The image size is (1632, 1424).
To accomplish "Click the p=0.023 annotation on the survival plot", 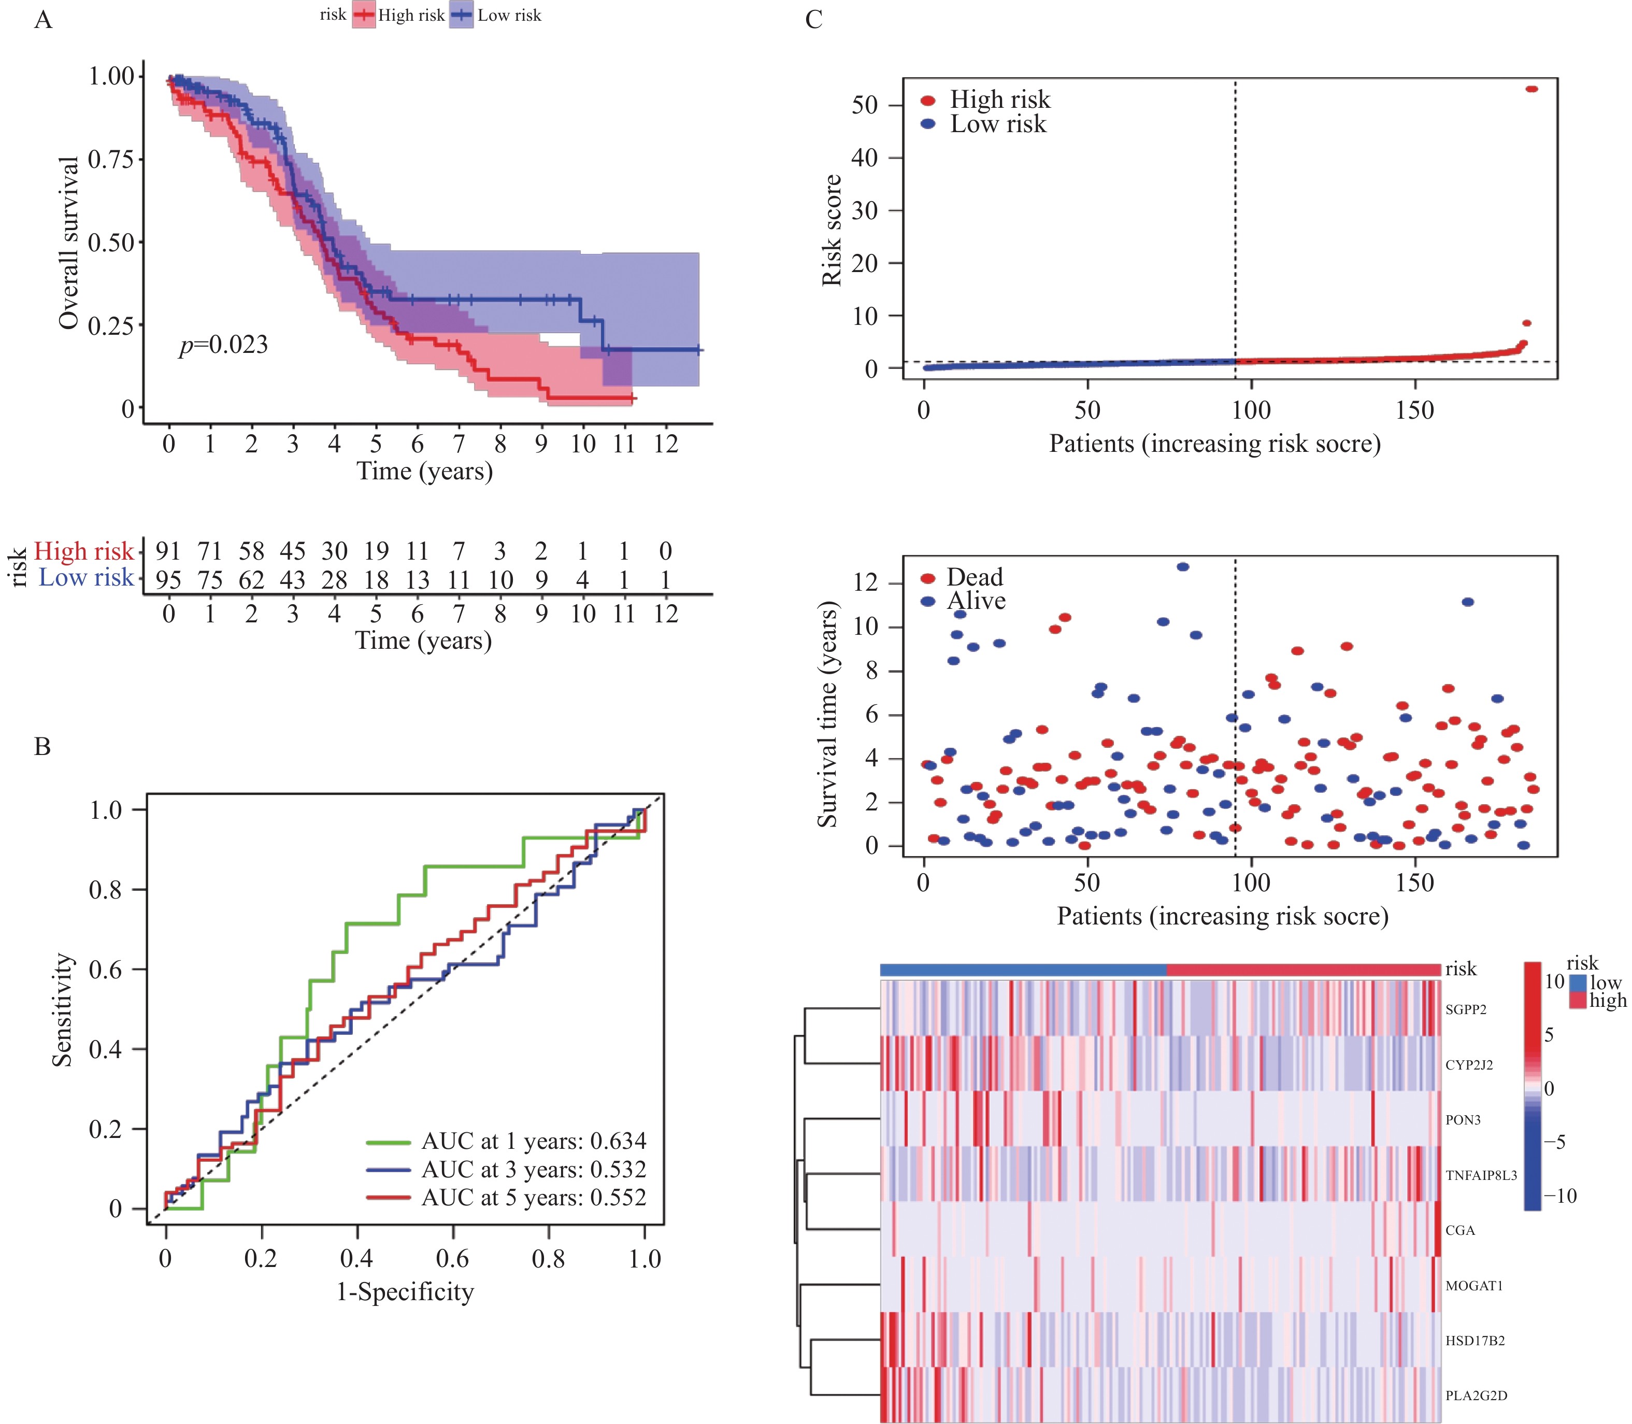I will (223, 345).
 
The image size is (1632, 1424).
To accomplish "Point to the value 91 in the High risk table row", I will (168, 551).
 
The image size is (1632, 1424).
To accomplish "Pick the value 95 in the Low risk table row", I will (168, 579).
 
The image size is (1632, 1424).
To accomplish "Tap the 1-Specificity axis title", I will (405, 1291).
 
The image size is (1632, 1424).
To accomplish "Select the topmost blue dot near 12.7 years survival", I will (1183, 566).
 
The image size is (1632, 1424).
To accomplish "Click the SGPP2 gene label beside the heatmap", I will (1466, 1009).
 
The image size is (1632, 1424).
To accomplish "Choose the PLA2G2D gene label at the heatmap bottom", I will (1476, 1395).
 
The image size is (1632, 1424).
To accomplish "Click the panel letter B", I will (43, 747).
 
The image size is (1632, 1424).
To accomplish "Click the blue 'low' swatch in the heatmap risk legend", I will (1578, 984).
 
